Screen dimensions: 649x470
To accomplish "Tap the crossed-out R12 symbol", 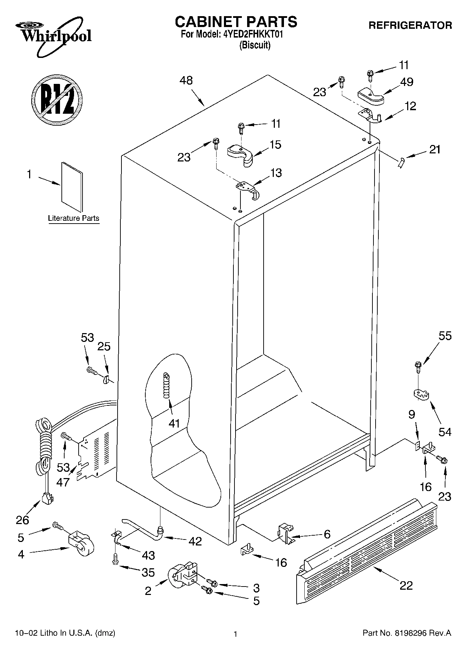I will point(57,99).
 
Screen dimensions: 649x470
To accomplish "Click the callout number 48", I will point(186,81).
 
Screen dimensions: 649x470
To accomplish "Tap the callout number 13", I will point(276,173).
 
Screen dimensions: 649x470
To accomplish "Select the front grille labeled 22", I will point(367,549).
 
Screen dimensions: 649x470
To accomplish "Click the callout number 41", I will point(174,423).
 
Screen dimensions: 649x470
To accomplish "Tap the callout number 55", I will point(445,336).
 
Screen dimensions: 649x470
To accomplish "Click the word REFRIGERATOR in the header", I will point(410,25).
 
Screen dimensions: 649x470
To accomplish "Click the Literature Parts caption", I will point(74,218).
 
